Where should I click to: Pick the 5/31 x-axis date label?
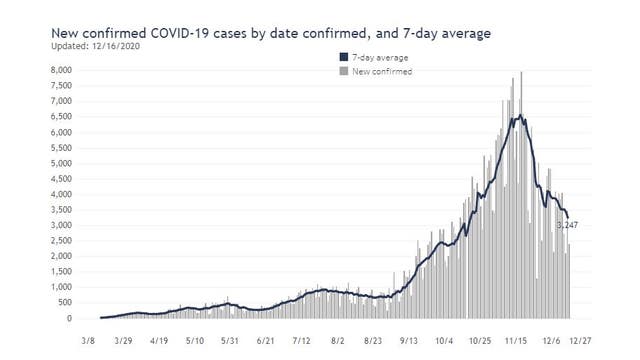click(x=230, y=340)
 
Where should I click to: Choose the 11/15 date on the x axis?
click(x=515, y=340)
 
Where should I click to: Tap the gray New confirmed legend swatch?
click(x=343, y=72)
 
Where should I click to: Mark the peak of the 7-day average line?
click(x=518, y=117)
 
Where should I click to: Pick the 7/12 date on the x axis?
click(x=301, y=340)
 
